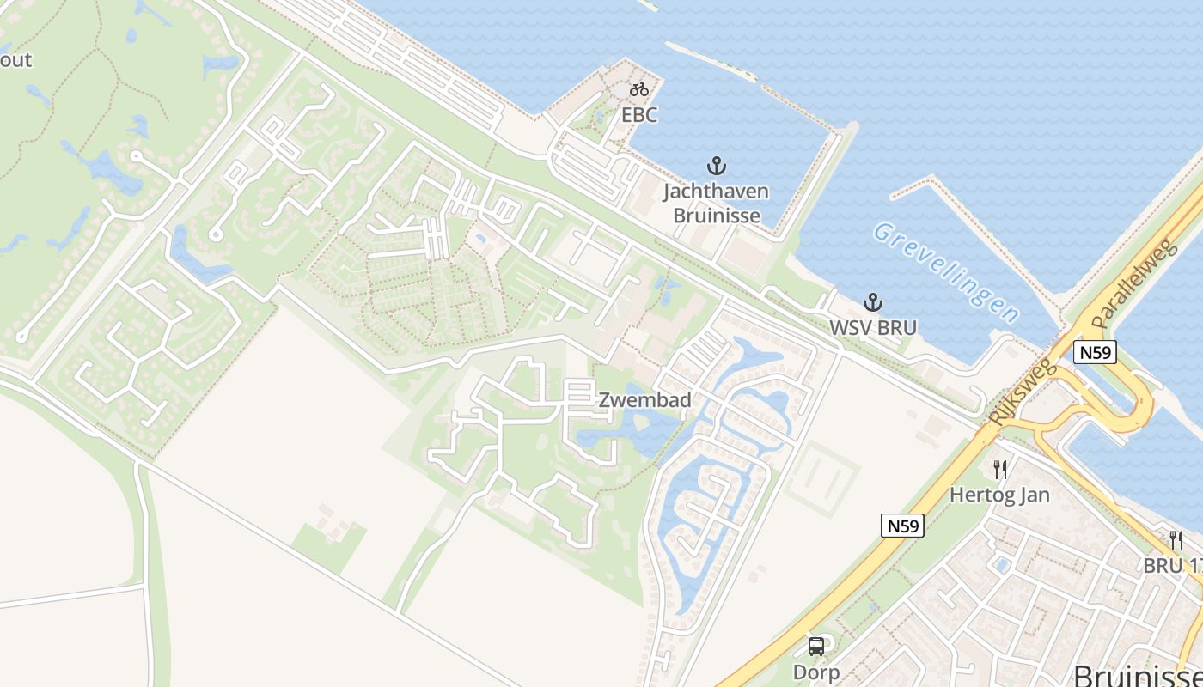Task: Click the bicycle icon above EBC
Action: [x=638, y=88]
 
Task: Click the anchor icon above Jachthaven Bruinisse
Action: [x=716, y=166]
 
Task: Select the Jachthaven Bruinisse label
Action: [x=716, y=203]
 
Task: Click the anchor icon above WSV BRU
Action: [x=873, y=302]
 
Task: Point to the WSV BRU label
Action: [x=873, y=327]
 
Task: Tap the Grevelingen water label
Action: [x=945, y=271]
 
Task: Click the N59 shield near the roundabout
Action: [x=1095, y=352]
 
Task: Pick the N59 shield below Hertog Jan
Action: [x=902, y=526]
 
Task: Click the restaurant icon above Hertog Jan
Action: [x=1000, y=470]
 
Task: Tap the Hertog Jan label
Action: [x=1000, y=495]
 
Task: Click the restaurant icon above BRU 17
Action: [x=1176, y=540]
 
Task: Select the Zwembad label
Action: [x=644, y=400]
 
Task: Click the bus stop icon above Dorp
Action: [x=816, y=647]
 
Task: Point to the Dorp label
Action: [x=816, y=672]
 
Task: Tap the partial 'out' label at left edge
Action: [x=15, y=60]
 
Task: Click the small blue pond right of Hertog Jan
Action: [x=1001, y=564]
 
